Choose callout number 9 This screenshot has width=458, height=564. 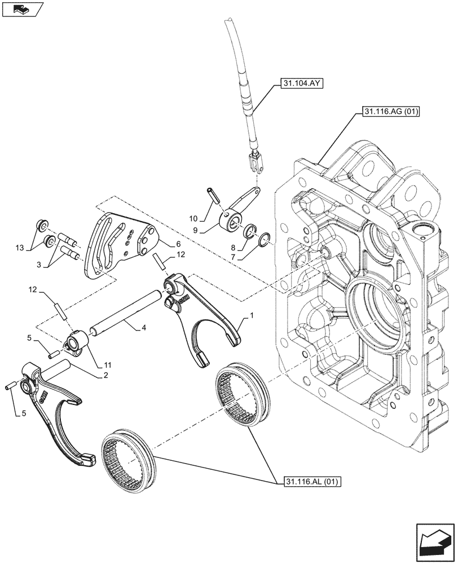tap(193, 218)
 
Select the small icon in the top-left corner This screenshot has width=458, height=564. tap(22, 10)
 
